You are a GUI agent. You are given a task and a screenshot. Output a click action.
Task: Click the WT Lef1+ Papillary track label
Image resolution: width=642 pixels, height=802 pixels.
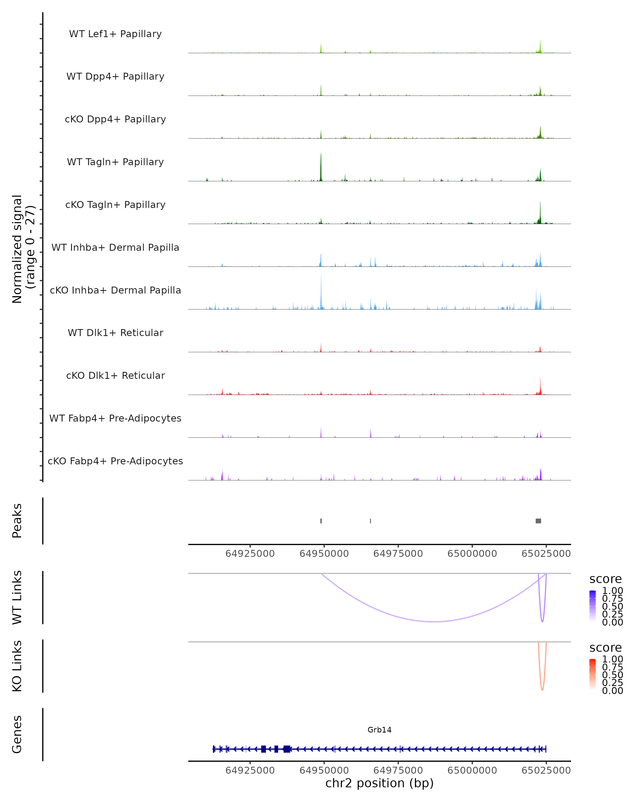115,34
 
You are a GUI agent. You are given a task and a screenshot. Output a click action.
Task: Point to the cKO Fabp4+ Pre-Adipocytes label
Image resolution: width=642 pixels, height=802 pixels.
115,461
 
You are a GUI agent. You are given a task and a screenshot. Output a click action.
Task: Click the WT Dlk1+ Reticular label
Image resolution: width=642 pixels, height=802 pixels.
115,333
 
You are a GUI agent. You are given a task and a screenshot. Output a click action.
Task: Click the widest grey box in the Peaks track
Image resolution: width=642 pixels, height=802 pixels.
538,521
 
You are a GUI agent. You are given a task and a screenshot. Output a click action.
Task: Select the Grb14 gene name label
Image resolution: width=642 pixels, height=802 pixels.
379,730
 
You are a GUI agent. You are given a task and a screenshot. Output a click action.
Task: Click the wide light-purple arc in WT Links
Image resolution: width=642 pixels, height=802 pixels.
434,621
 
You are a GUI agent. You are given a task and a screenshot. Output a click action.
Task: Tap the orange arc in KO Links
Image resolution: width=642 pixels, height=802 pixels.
542,688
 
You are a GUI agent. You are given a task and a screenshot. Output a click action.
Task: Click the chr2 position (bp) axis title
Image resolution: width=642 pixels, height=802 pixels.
379,783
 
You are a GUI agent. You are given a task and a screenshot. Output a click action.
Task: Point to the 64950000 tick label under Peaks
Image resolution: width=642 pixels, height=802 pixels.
324,554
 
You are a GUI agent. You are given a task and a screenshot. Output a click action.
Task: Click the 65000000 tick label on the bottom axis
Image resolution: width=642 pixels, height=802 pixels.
472,770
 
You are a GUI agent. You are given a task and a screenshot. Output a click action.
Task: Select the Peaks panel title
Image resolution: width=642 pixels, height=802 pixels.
17,521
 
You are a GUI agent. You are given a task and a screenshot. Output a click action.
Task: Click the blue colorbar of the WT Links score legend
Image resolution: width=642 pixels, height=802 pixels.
593,606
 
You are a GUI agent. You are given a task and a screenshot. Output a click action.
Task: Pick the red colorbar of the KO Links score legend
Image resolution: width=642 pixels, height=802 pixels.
593,674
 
